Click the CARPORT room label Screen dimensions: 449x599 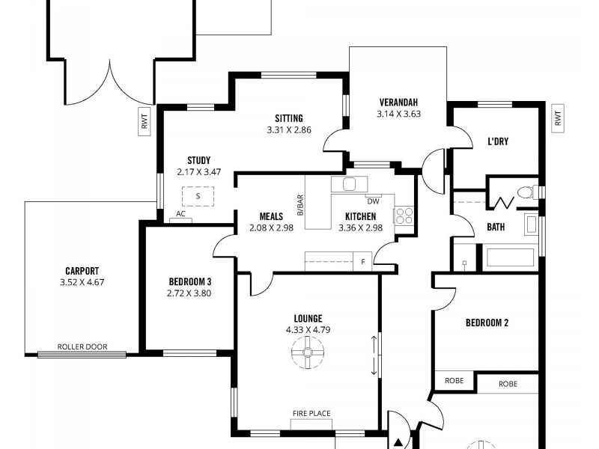coord(82,271)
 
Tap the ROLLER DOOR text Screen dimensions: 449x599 coord(82,346)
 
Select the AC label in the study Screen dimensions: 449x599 coord(180,213)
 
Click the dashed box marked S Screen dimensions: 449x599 coord(198,196)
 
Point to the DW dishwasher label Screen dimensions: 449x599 coord(373,201)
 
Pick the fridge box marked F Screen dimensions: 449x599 coord(363,261)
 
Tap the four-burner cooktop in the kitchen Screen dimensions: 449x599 coord(404,216)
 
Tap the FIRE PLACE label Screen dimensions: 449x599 coord(311,413)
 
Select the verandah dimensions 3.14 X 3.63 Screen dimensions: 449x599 coord(398,114)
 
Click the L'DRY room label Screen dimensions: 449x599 coord(498,141)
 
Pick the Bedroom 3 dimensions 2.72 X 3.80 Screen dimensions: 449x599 coord(190,293)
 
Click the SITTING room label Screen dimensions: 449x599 coord(288,118)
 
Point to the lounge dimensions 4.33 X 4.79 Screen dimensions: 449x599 coord(308,329)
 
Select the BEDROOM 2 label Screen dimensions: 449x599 coord(487,323)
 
